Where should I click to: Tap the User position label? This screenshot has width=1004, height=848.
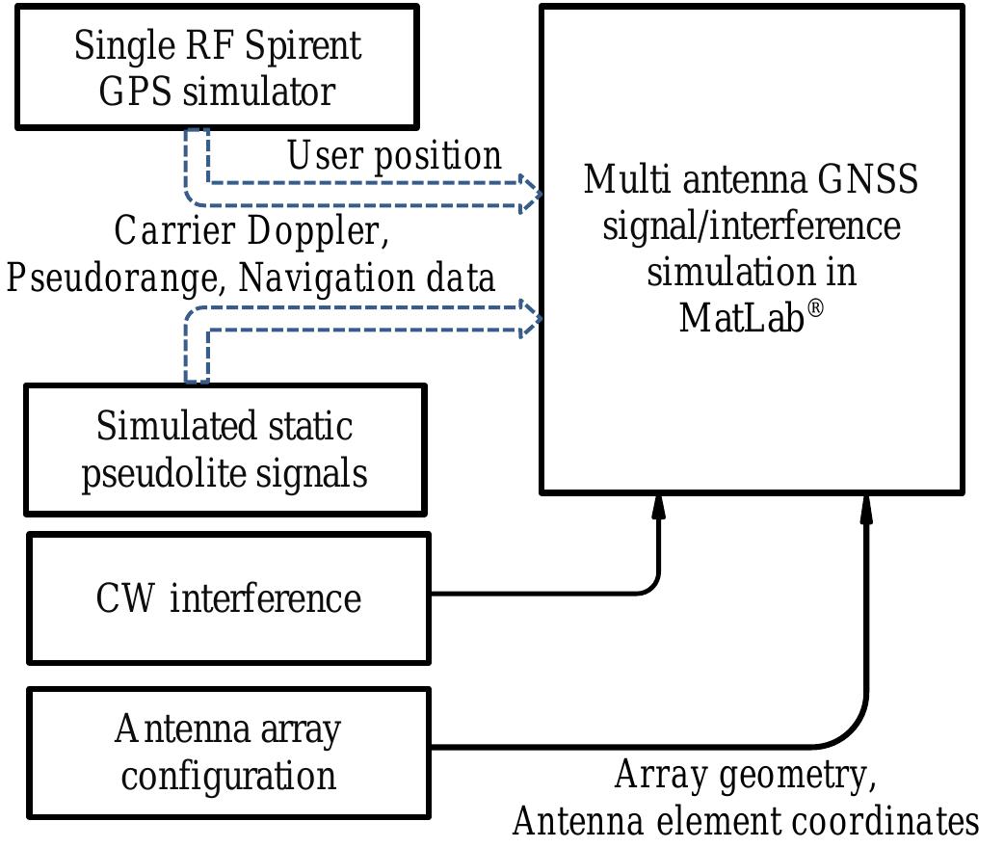pos(394,156)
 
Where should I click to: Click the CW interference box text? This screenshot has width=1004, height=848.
pos(228,598)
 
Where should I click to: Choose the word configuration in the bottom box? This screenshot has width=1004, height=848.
pos(228,776)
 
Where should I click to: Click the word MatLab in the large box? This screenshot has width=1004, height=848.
pos(741,317)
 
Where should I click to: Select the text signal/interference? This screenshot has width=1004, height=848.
pos(751,226)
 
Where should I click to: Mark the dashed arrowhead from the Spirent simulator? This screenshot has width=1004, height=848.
pos(530,194)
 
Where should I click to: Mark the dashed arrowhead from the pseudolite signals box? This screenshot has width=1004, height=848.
pos(530,318)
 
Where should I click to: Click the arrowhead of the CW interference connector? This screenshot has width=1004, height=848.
pos(659,508)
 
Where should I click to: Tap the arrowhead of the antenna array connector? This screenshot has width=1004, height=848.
pos(866,508)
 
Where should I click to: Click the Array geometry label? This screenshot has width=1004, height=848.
pos(745,775)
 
